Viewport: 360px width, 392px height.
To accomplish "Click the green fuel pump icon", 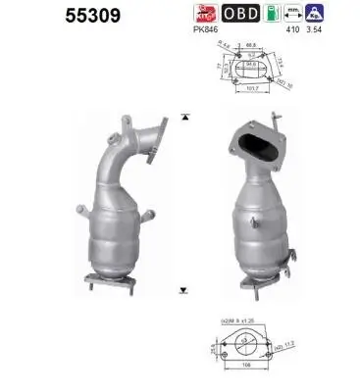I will (x=265, y=14).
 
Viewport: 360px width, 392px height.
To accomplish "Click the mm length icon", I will (x=289, y=14).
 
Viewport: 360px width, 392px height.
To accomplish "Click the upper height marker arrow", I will (x=183, y=117).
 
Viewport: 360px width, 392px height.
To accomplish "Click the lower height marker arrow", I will (x=183, y=289).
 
